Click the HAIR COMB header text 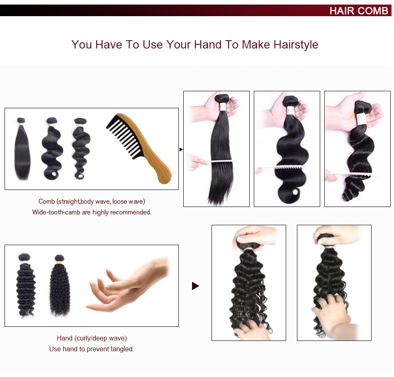pyautogui.click(x=358, y=10)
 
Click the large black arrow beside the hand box pyautogui.click(x=195, y=286)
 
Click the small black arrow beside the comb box pyautogui.click(x=181, y=149)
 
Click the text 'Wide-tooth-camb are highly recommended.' pyautogui.click(x=92, y=212)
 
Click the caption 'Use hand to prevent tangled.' pyautogui.click(x=92, y=349)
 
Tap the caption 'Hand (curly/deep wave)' pyautogui.click(x=92, y=338)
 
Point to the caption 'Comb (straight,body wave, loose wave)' pyautogui.click(x=92, y=202)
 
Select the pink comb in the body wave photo pyautogui.click(x=286, y=168)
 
